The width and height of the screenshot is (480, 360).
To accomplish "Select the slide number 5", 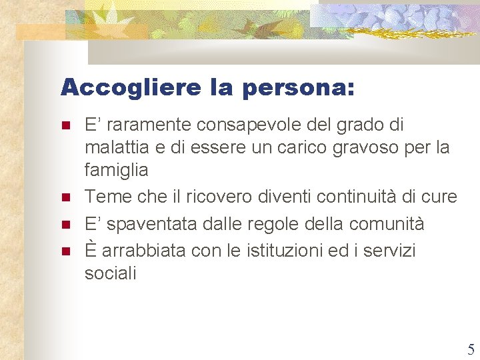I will [471, 349].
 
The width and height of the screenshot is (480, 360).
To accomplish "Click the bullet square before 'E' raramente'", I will [65, 125].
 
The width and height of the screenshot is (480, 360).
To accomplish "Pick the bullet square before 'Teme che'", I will [65, 198].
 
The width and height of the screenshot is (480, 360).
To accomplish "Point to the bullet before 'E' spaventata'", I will [65, 225].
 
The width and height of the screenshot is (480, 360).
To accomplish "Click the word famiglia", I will [116, 171].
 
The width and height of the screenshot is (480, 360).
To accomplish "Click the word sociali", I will [110, 273].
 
